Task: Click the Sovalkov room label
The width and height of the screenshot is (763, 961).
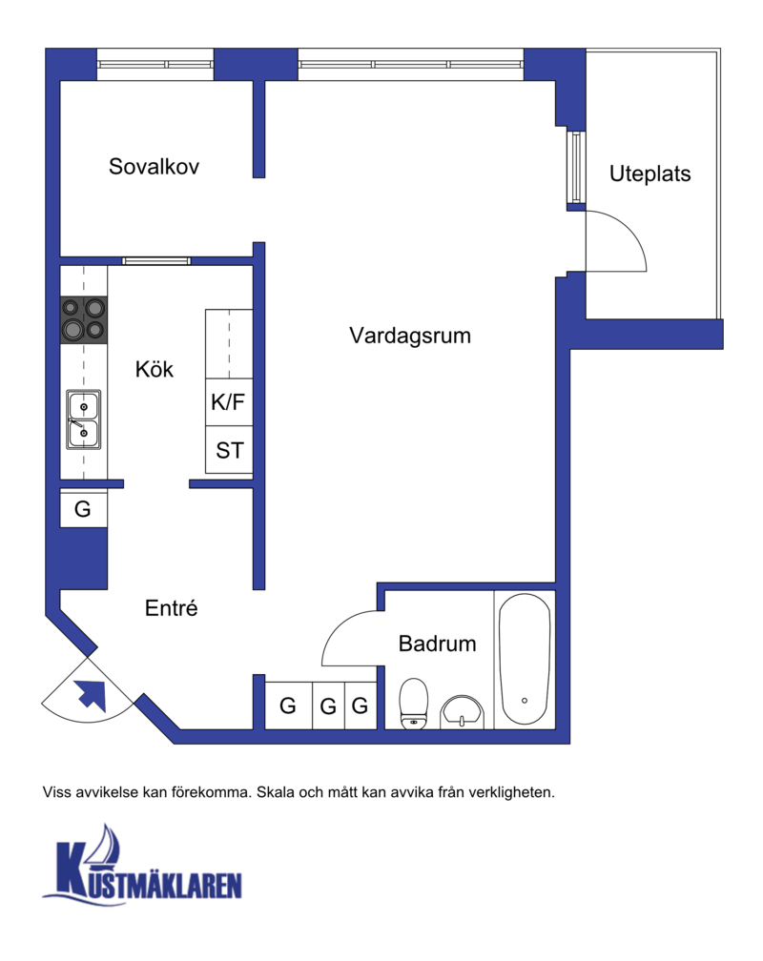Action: [154, 167]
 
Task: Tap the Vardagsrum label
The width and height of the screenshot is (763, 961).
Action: [410, 336]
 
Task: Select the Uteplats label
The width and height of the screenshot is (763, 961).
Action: [650, 174]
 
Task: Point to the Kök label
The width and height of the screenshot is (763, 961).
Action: [154, 369]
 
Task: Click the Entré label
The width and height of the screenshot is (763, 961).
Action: [171, 608]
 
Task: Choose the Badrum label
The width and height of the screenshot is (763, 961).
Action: [438, 644]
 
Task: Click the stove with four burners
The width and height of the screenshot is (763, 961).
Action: [83, 320]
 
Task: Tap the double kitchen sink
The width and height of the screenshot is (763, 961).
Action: [83, 419]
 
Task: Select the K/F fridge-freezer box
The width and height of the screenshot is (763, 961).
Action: [229, 402]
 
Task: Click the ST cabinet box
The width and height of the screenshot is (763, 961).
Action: [229, 450]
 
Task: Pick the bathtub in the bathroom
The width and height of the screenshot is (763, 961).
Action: [525, 659]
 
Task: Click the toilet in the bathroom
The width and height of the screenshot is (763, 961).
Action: [413, 703]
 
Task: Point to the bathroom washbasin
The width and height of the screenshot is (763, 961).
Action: [462, 712]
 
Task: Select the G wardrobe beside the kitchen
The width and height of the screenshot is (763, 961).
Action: [83, 509]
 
